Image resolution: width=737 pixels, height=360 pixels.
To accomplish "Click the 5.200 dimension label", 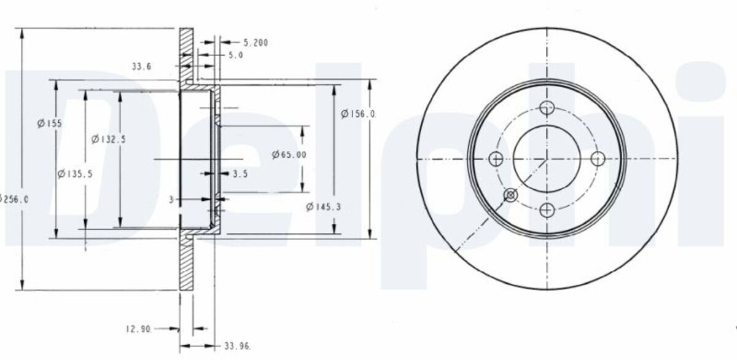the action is pos(255,43).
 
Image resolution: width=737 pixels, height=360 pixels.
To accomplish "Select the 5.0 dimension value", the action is pos(236,55).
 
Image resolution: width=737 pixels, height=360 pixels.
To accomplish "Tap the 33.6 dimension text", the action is pos(141,66).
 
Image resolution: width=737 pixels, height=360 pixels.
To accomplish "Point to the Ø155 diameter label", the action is pos(49,123).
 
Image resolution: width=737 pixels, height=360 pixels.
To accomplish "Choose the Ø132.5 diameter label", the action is pos(108,139).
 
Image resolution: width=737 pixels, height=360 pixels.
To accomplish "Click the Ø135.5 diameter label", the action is pos(75,174).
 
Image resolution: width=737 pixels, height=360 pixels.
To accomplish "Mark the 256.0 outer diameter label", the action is pos(15,199).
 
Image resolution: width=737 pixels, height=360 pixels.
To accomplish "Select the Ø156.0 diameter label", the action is pos(357,114).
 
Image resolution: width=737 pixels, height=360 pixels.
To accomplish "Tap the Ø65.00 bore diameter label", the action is pos(289,154).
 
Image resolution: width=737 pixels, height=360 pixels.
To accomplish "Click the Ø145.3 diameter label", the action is pos(323,207).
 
